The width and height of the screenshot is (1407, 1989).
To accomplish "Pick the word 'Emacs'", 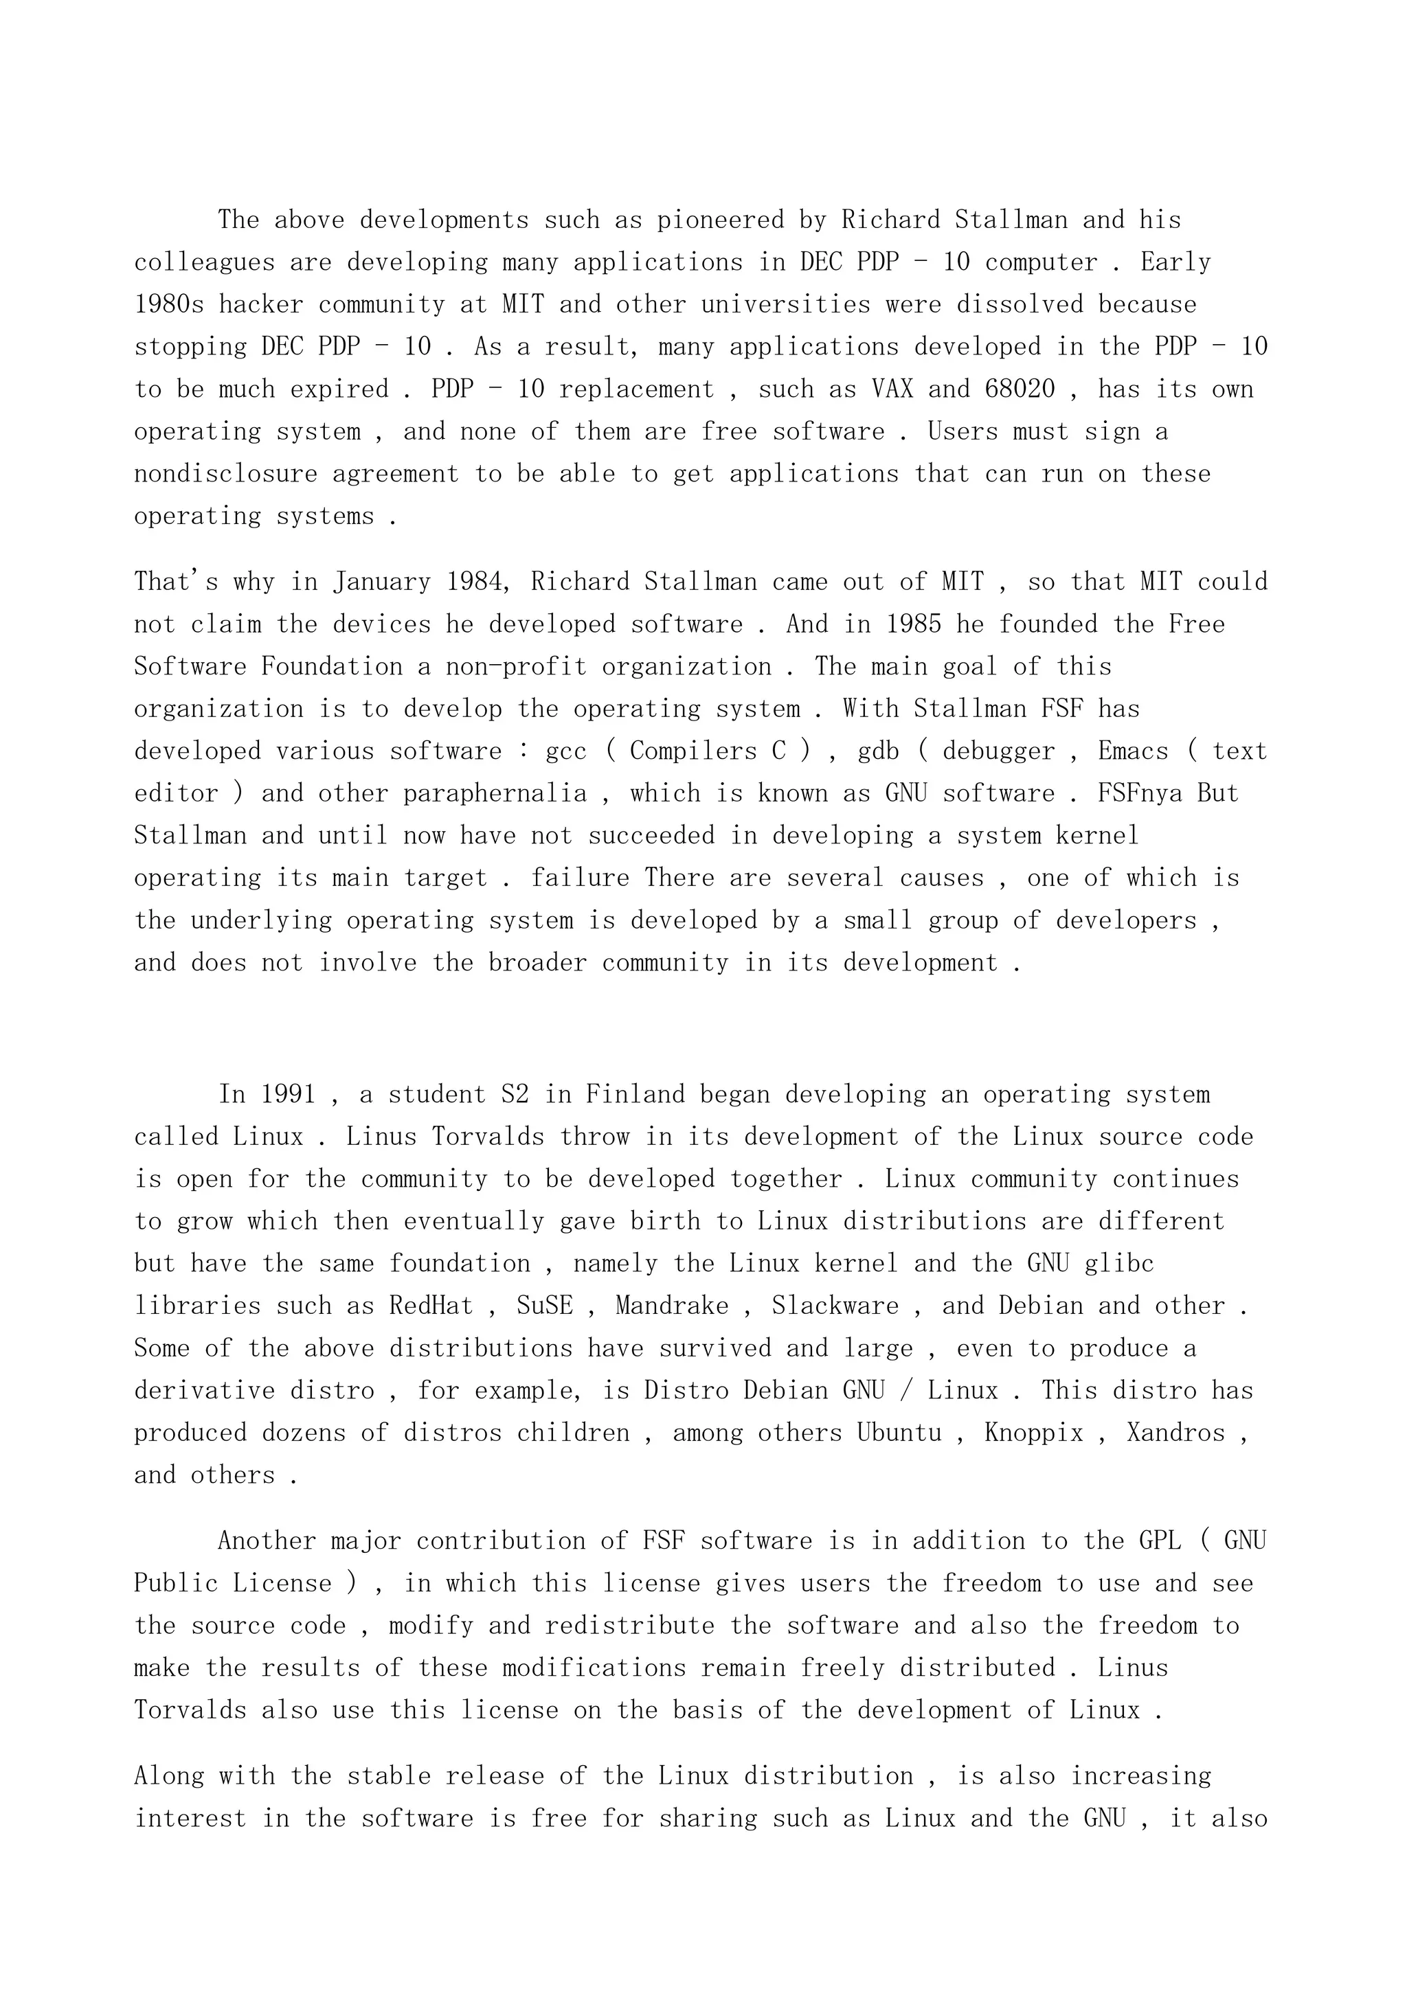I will tap(1132, 751).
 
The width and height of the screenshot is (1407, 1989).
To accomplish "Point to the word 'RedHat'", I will tap(431, 1306).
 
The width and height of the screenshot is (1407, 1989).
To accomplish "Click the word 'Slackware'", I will tap(835, 1306).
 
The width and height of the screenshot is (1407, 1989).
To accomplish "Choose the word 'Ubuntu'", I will tap(899, 1433).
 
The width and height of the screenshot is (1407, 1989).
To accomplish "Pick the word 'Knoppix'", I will tap(1033, 1433).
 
